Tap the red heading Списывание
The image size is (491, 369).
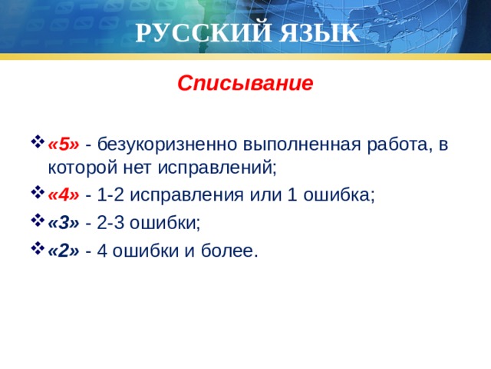click(245, 82)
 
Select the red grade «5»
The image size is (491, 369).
click(63, 145)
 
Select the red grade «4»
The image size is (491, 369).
click(63, 194)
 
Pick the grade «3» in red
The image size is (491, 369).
click(63, 223)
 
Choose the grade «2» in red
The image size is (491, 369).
click(63, 251)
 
